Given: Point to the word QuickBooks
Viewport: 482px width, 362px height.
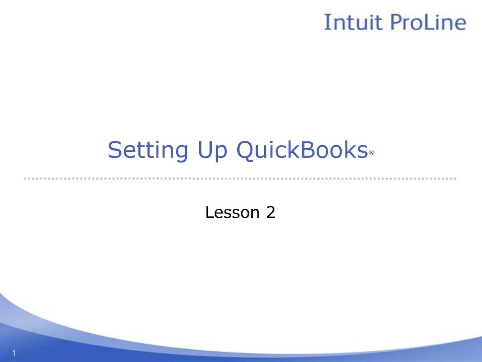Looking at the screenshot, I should (302, 150).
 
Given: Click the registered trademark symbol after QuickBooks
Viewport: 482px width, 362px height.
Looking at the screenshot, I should (371, 153).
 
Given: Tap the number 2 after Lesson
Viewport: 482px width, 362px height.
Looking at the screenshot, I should (270, 213).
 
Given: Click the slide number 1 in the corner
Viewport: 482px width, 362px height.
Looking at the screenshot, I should (14, 354).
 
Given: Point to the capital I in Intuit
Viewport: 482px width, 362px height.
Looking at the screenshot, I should (327, 23).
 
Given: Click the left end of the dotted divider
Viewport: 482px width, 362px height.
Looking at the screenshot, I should (25, 179).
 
